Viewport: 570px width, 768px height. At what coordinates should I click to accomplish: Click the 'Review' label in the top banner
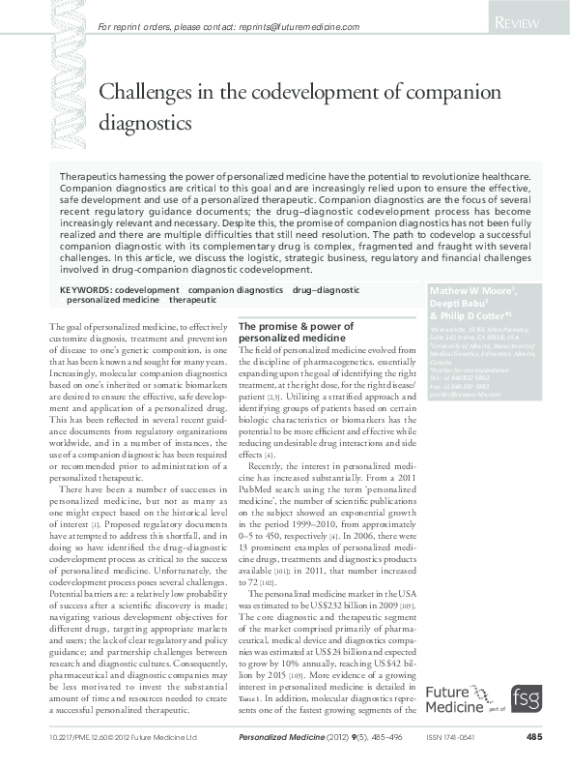(x=525, y=22)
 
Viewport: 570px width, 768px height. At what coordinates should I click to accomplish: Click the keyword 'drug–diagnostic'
(x=326, y=289)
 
